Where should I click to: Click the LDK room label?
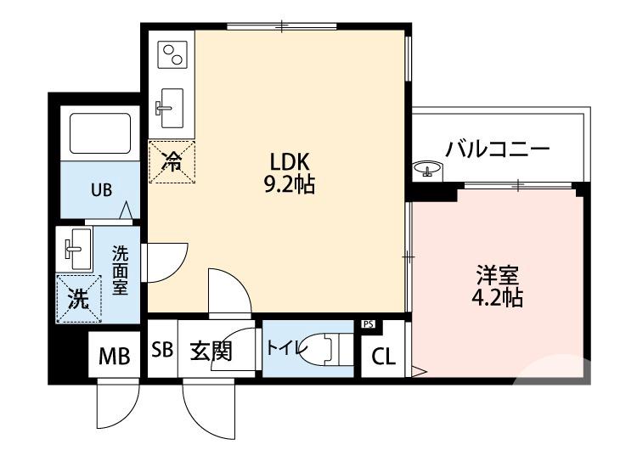[292, 161]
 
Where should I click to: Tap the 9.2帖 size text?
[289, 185]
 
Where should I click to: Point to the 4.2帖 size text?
[497, 298]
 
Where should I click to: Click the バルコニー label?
[498, 149]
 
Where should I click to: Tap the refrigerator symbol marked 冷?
[172, 161]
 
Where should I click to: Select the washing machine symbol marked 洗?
[78, 298]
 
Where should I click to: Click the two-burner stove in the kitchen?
[172, 54]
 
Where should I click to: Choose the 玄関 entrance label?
[210, 351]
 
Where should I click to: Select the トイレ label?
[282, 348]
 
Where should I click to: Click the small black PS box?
[369, 324]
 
